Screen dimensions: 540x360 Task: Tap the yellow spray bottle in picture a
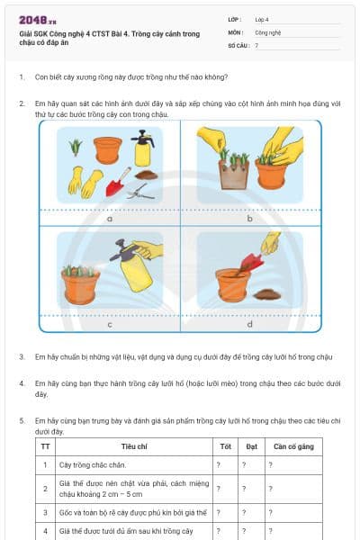coord(141,148)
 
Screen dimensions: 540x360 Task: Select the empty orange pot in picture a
coord(108,148)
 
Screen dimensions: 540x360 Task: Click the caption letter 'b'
coord(249,218)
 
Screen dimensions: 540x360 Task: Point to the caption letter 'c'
coord(109,323)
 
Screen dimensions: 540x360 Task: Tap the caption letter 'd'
coord(249,323)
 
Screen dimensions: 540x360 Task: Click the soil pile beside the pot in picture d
coord(267,293)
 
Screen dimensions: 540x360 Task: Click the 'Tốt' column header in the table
coord(225,445)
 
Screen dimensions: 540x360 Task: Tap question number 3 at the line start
coord(22,356)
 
